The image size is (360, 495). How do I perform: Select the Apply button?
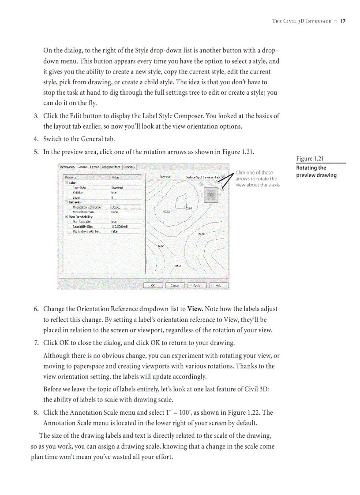(x=197, y=285)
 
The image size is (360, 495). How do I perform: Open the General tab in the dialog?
(x=82, y=167)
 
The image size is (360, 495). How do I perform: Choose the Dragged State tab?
(x=111, y=167)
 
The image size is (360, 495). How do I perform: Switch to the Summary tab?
(x=129, y=167)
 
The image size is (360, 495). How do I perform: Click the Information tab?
(x=67, y=167)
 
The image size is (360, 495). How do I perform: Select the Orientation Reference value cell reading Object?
(x=125, y=207)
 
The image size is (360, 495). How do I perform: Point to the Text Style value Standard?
(x=117, y=188)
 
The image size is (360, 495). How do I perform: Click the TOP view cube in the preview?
(x=211, y=194)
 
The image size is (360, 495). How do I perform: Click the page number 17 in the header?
(x=343, y=21)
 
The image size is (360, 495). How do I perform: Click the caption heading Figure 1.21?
(x=310, y=159)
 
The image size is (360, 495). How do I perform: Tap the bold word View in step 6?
(x=195, y=309)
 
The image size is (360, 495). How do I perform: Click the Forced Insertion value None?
(x=114, y=212)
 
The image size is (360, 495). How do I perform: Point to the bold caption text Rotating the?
(x=311, y=168)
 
